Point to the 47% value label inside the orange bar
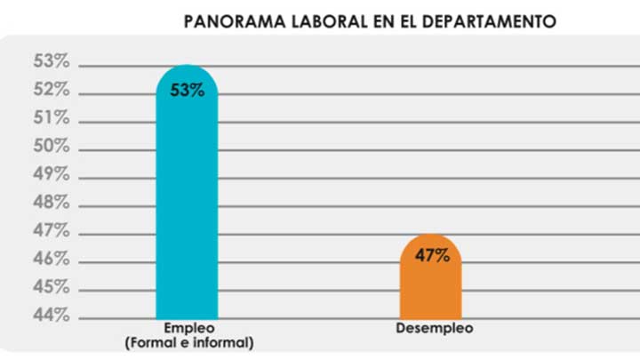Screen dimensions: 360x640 pos(432,256)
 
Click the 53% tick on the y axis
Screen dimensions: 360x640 pos(51,61)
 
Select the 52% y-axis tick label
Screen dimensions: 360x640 pos(51,90)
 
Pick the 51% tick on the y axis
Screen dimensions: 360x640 pos(51,118)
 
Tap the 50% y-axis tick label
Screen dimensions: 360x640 pos(51,147)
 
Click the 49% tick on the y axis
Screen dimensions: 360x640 pos(51,175)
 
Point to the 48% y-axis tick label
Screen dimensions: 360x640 pos(51,203)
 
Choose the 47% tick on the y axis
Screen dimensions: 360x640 pos(51,231)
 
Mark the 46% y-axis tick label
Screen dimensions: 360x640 pos(51,260)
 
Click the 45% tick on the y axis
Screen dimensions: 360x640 pos(51,288)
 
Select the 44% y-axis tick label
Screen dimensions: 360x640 pos(51,316)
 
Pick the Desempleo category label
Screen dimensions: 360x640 pos(434,328)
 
